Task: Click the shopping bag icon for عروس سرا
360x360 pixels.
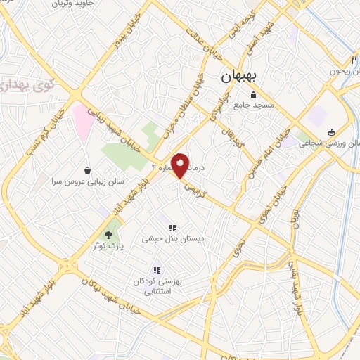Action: click(87, 171)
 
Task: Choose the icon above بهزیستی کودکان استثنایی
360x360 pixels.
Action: click(157, 270)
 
